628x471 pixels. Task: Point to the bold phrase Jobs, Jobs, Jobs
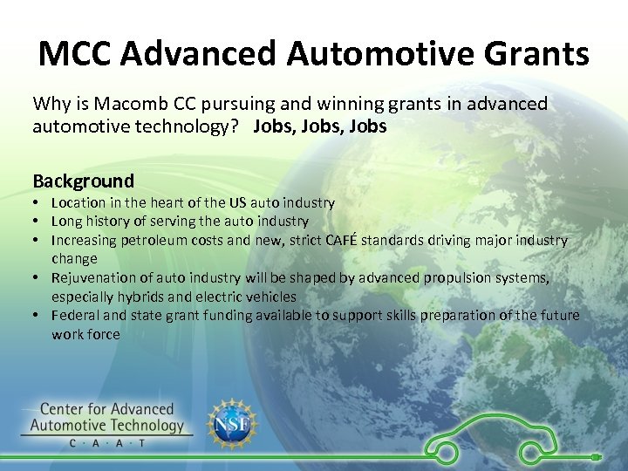320,126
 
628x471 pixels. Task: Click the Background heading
84,181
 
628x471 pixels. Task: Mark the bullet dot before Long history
38,222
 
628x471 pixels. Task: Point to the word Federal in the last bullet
76,315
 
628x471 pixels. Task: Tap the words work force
85,334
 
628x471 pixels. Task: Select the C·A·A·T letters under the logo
107,443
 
